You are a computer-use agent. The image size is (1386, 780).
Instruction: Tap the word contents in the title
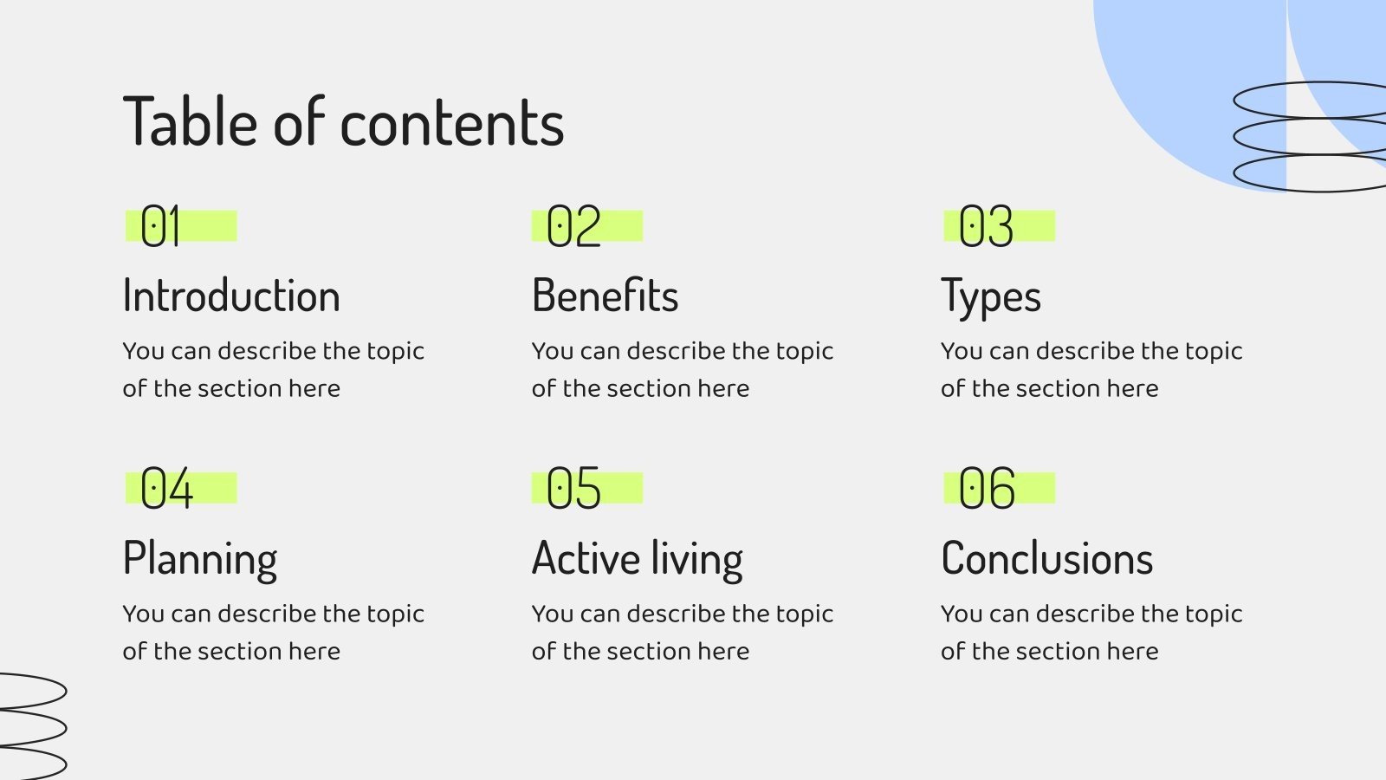[x=452, y=123]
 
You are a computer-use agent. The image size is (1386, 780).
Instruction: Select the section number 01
[x=160, y=227]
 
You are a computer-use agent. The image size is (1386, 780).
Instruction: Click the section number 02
[x=573, y=227]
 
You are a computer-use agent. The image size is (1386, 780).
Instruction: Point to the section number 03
[x=986, y=227]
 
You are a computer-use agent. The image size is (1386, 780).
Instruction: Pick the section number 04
[x=166, y=489]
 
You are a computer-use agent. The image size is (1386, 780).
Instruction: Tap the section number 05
[x=573, y=489]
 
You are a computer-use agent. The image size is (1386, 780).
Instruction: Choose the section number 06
[x=987, y=489]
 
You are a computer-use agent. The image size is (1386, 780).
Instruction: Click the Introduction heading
[x=231, y=296]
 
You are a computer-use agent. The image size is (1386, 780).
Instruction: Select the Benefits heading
[x=605, y=296]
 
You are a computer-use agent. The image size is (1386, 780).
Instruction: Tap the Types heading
[x=990, y=297]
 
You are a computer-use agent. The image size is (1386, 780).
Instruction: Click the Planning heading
[x=200, y=559]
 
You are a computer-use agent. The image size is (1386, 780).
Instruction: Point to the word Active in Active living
[x=586, y=558]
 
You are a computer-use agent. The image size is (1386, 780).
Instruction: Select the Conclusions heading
[x=1046, y=558]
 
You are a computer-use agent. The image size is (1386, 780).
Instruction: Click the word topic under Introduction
[x=395, y=352]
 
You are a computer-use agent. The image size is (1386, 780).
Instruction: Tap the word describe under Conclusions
[x=1085, y=614]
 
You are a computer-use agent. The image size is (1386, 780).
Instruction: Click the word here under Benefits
[x=723, y=388]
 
